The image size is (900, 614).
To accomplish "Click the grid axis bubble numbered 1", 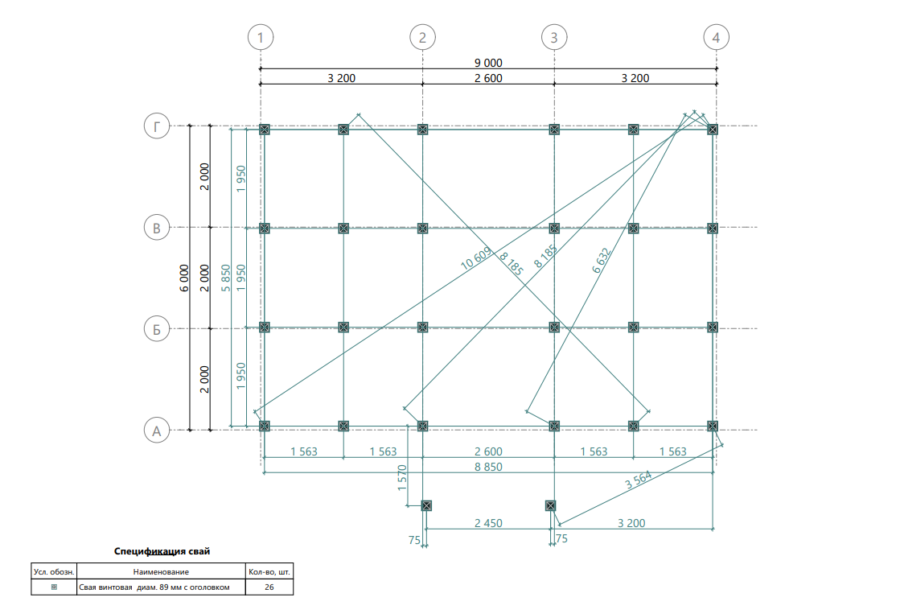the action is click(261, 38).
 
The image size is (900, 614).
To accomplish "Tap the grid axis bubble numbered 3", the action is click(554, 38).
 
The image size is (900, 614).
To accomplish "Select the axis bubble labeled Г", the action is click(157, 126).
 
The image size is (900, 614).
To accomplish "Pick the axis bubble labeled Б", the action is click(157, 329).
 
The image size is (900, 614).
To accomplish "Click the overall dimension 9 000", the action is click(488, 63).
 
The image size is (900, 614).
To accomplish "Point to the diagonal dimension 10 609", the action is click(476, 258).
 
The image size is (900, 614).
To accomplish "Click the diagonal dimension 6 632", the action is click(602, 260).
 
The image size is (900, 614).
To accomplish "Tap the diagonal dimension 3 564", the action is click(639, 480).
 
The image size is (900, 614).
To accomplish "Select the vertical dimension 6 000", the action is click(183, 278).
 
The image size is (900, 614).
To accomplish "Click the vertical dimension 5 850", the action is click(225, 278).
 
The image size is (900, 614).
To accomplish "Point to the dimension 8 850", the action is click(488, 467).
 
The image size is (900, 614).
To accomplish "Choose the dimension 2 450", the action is click(488, 523).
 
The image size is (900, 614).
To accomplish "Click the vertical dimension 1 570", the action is click(402, 477).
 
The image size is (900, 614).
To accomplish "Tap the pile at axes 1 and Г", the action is click(264, 130).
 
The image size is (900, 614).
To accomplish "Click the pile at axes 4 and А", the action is click(713, 427).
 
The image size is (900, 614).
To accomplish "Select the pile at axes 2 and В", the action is click(422, 228).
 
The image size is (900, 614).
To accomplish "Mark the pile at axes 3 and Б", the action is click(554, 327).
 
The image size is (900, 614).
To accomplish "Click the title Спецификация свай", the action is click(162, 551).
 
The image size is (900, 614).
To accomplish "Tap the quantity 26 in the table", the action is click(269, 587).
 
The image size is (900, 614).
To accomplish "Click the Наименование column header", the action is click(161, 572).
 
